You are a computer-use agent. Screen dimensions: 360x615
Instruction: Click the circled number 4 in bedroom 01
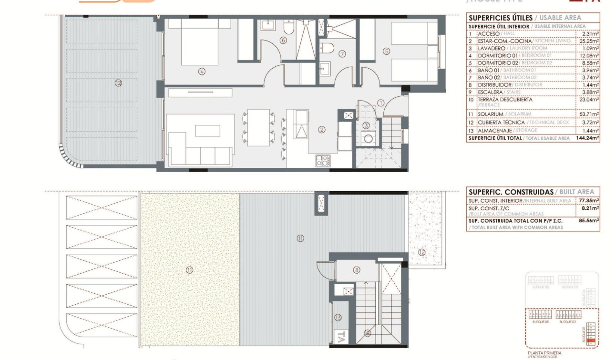pyautogui.click(x=202, y=72)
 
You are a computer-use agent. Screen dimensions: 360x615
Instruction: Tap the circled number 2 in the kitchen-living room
pyautogui.click(x=322, y=129)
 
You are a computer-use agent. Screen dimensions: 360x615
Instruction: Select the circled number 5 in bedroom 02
pyautogui.click(x=386, y=51)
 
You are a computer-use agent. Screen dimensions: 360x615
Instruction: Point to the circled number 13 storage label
pyautogui.click(x=338, y=317)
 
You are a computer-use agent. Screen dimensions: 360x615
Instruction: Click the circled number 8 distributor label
pyautogui.click(x=357, y=270)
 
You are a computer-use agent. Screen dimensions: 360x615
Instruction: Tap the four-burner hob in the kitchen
pyautogui.click(x=323, y=161)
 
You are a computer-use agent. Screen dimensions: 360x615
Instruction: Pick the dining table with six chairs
pyautogui.click(x=258, y=127)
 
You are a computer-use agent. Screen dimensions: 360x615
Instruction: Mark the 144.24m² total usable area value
pyautogui.click(x=588, y=138)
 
